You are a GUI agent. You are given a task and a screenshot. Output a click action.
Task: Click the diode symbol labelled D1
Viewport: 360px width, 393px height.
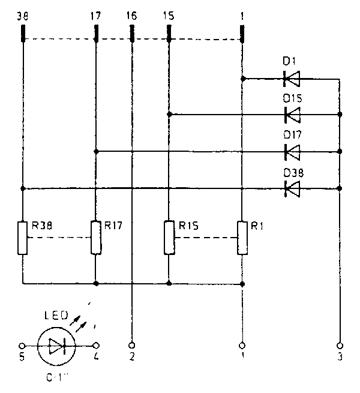click(x=292, y=78)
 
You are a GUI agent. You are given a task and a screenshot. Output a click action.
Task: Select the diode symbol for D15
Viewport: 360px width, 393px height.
click(x=292, y=114)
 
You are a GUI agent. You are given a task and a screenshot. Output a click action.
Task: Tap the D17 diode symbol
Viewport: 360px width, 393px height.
click(x=292, y=152)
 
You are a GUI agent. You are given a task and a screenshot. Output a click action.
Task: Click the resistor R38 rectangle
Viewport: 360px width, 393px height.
click(x=22, y=238)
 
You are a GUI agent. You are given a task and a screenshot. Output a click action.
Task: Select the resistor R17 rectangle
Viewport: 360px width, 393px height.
click(x=96, y=238)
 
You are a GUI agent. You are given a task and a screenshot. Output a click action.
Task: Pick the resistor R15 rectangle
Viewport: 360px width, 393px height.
click(x=169, y=238)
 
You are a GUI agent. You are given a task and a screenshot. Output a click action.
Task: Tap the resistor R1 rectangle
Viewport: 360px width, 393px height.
click(x=242, y=238)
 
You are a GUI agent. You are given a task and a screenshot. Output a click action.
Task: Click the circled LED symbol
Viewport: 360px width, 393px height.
click(x=56, y=346)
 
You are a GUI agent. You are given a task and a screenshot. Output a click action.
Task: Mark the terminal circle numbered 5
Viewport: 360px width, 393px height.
click(x=22, y=346)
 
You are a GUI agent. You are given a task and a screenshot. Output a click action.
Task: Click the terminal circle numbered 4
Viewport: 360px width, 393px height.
click(x=96, y=346)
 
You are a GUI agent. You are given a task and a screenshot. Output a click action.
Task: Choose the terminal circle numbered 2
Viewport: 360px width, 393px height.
click(x=132, y=346)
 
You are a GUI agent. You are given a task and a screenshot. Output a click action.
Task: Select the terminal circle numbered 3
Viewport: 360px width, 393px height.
click(x=340, y=346)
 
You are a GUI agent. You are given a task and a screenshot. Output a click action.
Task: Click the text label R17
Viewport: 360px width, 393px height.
click(x=113, y=226)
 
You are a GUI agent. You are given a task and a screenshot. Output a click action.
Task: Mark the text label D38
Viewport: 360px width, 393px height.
click(x=293, y=173)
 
